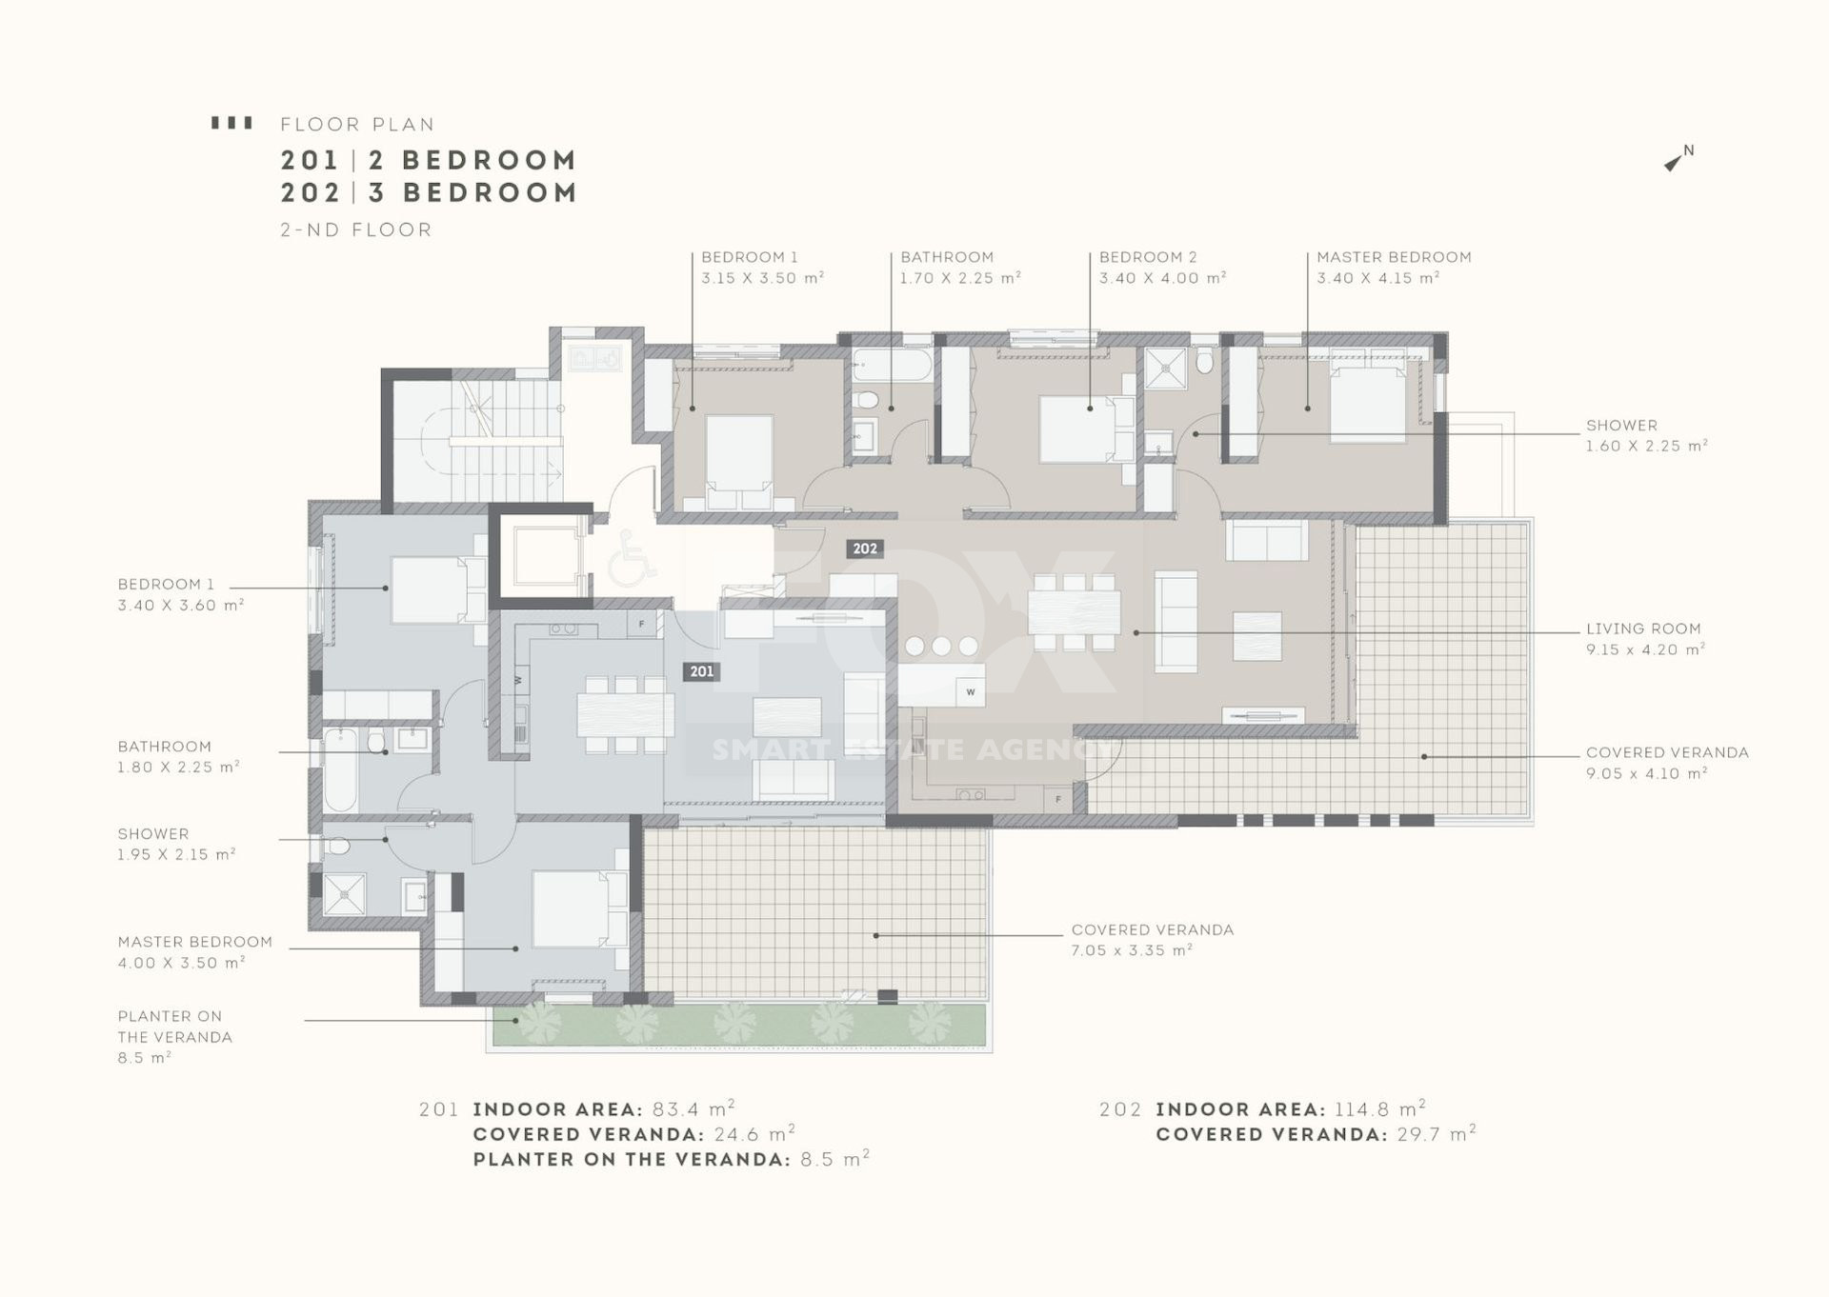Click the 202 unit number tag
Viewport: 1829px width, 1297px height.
[865, 549]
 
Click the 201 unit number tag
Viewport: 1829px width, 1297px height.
[701, 671]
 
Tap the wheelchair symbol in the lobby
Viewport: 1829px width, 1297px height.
[632, 557]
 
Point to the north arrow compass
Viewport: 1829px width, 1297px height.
[1678, 158]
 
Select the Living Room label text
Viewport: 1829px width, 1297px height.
[1643, 629]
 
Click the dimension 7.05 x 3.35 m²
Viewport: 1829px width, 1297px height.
[1132, 950]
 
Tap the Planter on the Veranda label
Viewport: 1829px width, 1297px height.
[175, 1027]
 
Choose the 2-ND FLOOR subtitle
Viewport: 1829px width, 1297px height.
[356, 229]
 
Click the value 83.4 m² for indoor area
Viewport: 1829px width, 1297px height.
[693, 1109]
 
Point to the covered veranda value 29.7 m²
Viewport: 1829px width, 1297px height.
[1437, 1134]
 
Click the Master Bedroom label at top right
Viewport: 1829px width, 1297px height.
[1394, 257]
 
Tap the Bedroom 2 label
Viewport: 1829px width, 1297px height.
[1148, 257]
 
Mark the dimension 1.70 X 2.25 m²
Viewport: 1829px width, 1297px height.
[960, 278]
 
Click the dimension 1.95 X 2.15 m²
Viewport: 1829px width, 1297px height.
[176, 854]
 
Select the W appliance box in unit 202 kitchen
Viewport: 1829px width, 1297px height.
[971, 691]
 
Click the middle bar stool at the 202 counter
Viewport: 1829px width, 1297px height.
[941, 646]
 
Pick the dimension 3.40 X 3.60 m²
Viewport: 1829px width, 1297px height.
[181, 605]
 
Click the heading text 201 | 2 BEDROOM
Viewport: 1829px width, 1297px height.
[429, 160]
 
